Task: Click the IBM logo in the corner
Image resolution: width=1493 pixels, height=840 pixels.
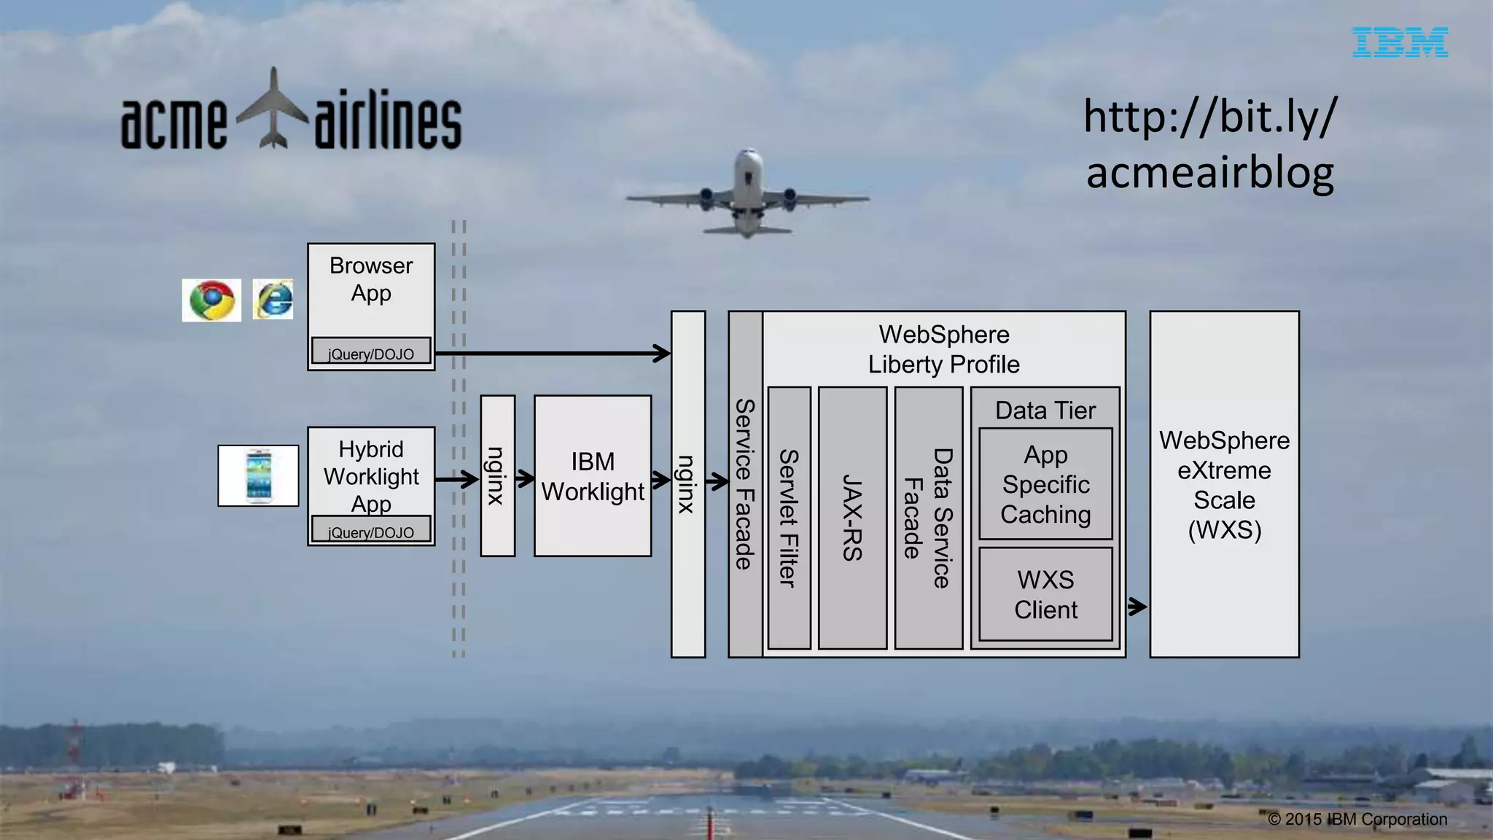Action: coord(1400,42)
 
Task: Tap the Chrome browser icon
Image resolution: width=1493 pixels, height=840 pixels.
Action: coord(211,300)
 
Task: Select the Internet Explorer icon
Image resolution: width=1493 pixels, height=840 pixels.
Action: coord(273,299)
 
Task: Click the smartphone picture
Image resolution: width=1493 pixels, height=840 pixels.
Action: coord(258,475)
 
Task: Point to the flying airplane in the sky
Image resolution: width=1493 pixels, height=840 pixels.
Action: coord(747,193)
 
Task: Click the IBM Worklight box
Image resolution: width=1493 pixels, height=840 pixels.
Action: coord(593,476)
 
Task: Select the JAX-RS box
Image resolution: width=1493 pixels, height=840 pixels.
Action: coord(852,518)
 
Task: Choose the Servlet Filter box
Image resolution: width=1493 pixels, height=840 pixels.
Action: coord(789,518)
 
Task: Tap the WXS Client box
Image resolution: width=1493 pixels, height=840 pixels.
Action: coord(1045,594)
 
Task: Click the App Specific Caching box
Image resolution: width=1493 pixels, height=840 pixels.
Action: coord(1045,484)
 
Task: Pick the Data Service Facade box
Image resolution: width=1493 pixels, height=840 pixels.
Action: coord(928,518)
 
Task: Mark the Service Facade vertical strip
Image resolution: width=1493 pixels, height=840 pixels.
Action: coord(744,484)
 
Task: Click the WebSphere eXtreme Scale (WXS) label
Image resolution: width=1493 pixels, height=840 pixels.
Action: coord(1224,485)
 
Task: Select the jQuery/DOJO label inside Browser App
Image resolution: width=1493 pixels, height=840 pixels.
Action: coord(371,354)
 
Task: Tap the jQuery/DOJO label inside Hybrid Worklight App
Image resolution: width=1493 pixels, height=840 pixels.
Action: coord(371,532)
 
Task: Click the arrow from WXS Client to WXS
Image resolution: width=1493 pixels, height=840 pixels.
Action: coord(1137,606)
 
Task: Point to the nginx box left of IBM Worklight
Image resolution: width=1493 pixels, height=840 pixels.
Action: coord(497,476)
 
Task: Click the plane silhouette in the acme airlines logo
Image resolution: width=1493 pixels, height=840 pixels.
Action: coord(273,109)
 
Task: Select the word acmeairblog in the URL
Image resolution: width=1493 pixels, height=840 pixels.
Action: coord(1210,174)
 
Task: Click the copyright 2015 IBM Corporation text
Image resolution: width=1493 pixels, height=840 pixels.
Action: coord(1357,819)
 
